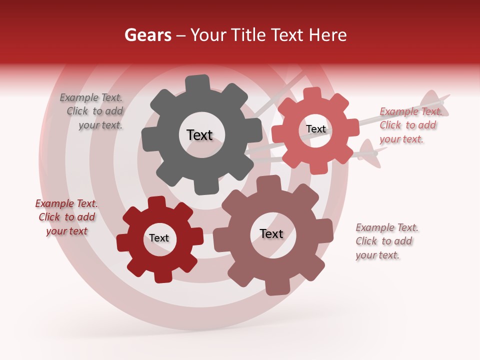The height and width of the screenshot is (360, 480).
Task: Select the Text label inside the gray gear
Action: tap(199, 135)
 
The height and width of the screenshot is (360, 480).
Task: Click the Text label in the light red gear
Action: tap(315, 129)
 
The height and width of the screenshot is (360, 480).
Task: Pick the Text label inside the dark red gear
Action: tap(159, 238)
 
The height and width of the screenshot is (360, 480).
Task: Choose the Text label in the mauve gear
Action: tap(271, 233)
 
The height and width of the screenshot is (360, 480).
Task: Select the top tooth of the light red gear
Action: tap(312, 94)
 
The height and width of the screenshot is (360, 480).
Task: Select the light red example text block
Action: tap(409, 125)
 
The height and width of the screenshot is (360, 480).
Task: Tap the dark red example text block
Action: tap(66, 217)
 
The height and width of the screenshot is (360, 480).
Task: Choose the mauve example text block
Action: tap(386, 241)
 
